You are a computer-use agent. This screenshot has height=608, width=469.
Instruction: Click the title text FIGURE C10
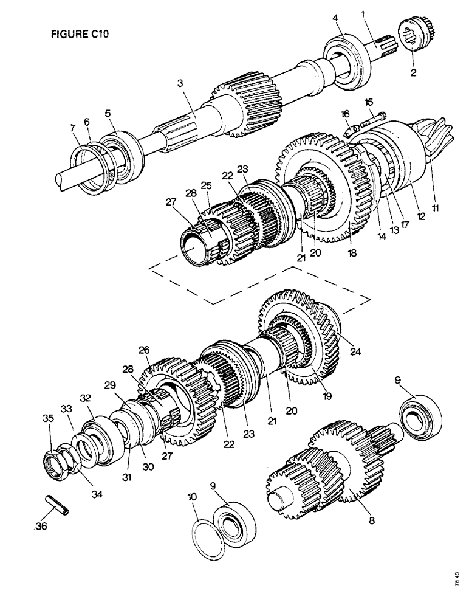(80, 35)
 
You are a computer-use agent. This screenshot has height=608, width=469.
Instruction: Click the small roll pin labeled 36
(58, 505)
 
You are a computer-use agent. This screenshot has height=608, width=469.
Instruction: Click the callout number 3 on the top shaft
(180, 85)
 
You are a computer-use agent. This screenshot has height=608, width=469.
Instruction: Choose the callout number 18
(352, 250)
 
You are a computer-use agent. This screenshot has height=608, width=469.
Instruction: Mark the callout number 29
(109, 385)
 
